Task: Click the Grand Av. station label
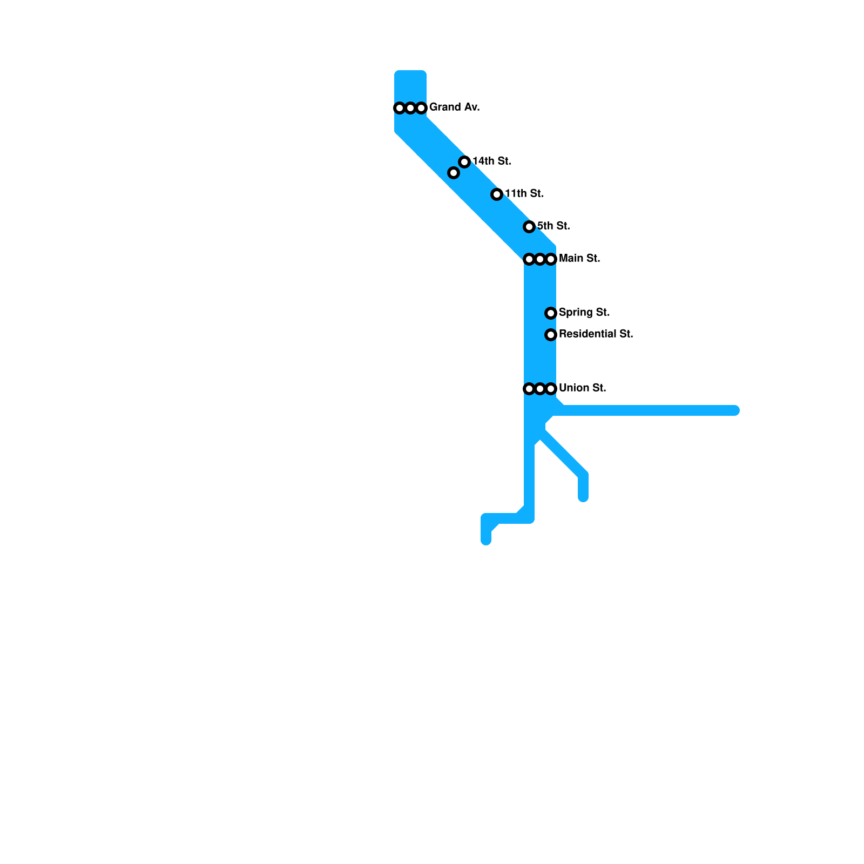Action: coord(454,107)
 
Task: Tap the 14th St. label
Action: coord(491,161)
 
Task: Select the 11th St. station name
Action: coord(524,194)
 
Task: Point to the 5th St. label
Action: coord(553,226)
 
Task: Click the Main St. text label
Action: coord(579,259)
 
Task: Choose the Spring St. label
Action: coord(584,313)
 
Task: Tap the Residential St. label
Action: coord(596,334)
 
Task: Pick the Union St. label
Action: coord(582,388)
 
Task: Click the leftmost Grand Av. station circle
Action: coord(400,108)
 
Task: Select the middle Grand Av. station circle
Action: coord(410,108)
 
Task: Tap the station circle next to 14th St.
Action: coord(464,162)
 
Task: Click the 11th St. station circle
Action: coord(497,194)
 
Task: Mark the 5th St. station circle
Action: coord(529,227)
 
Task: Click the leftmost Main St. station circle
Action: coord(529,259)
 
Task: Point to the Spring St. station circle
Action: coord(551,313)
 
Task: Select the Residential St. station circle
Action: coord(551,335)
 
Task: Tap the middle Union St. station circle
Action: coord(540,389)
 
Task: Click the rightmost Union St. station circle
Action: coord(551,389)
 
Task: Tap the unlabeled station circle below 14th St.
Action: coord(454,173)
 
